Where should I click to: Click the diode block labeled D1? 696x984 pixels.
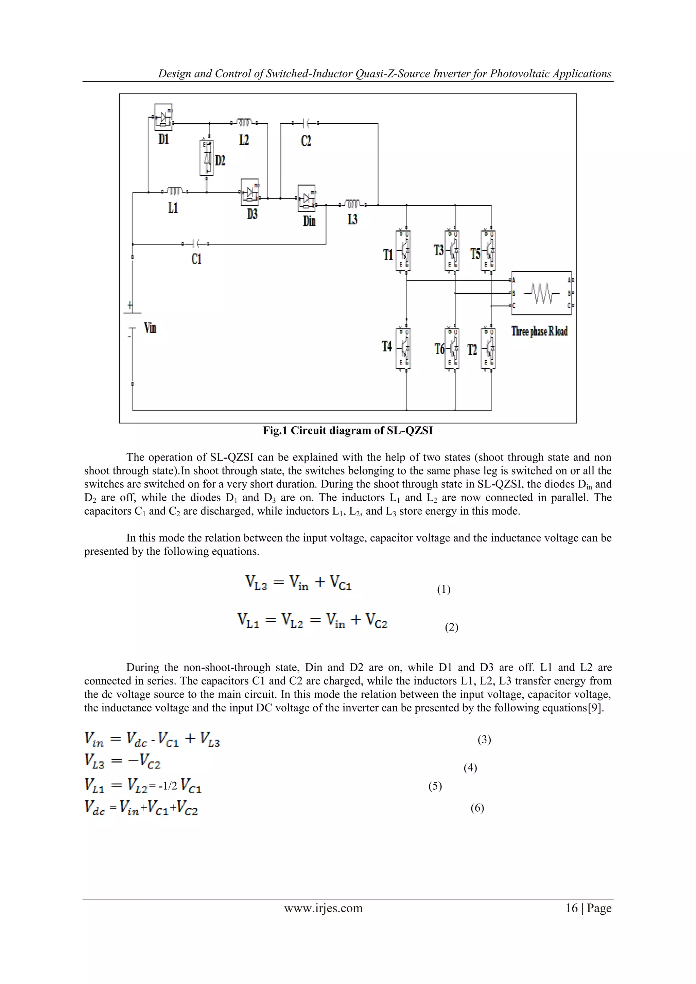163,117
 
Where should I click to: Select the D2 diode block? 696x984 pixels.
207,158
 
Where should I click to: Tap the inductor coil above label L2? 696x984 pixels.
244,123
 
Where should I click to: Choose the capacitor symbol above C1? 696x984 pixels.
196,244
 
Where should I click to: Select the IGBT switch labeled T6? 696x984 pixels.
452,348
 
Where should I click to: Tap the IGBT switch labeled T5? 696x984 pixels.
488,251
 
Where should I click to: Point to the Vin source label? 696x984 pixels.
150,328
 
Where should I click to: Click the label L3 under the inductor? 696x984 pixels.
352,220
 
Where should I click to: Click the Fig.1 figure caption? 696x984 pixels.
348,431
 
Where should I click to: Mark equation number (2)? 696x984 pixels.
451,627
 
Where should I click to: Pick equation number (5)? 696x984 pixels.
435,786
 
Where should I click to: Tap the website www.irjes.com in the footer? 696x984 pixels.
323,908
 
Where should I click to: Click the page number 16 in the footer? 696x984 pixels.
571,908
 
